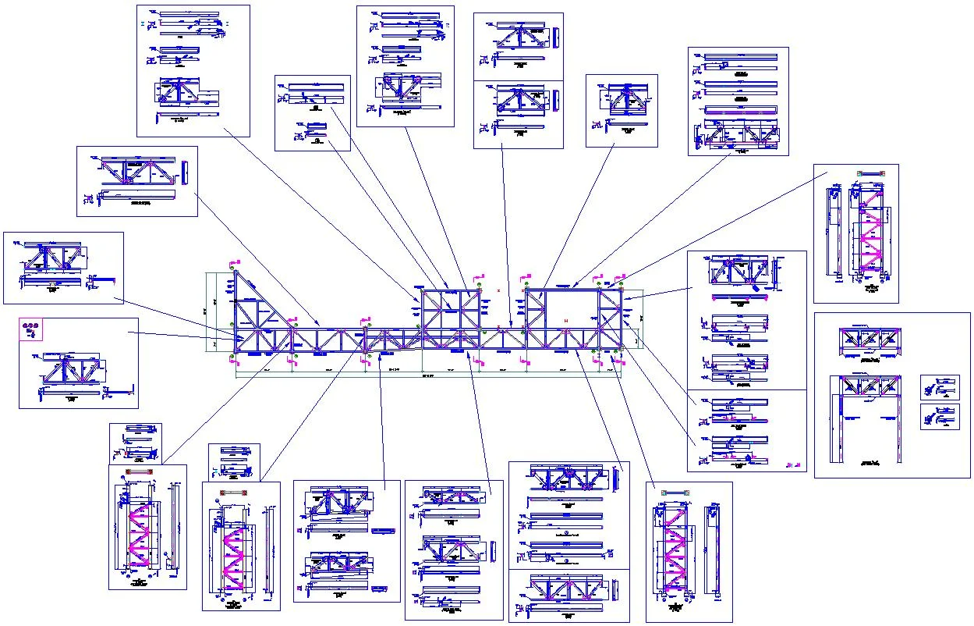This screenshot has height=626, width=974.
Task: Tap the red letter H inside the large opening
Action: point(566,320)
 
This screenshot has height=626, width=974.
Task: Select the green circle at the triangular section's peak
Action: point(232,270)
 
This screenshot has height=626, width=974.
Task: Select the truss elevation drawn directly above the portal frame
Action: point(869,340)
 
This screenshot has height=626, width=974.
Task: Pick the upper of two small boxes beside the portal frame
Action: point(939,387)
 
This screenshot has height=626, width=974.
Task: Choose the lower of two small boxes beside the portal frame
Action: point(939,416)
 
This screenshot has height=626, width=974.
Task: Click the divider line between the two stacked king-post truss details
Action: point(518,80)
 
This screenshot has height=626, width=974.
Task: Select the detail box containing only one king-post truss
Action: point(622,111)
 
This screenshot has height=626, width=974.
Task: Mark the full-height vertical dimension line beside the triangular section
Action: point(207,312)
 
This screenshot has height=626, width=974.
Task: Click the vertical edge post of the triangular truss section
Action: point(235,312)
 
